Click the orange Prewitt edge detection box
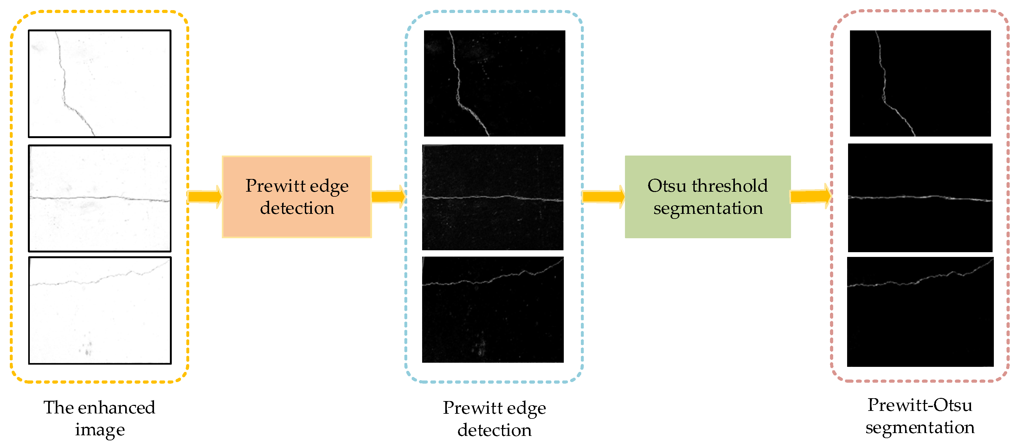297,197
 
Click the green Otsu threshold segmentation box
708,197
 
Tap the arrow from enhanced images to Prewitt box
204,196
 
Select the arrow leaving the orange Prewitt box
388,196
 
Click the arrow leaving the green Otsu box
810,196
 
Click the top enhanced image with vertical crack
100,84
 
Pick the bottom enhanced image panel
100,310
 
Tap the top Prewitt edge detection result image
494,83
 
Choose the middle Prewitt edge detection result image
492,197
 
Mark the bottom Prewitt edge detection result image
492,310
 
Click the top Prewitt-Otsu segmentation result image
920,83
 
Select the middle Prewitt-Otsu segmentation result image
920,198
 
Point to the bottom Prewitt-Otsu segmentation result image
920,312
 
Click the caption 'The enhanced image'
99,418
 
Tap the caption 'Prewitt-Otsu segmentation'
920,416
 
